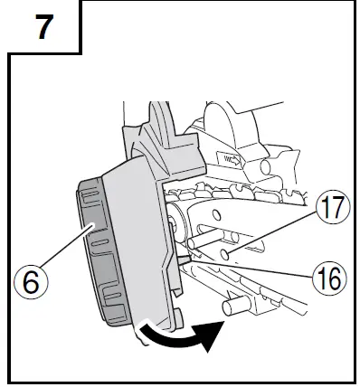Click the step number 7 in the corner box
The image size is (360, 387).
(x=43, y=27)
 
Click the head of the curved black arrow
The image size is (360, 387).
(x=209, y=338)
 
